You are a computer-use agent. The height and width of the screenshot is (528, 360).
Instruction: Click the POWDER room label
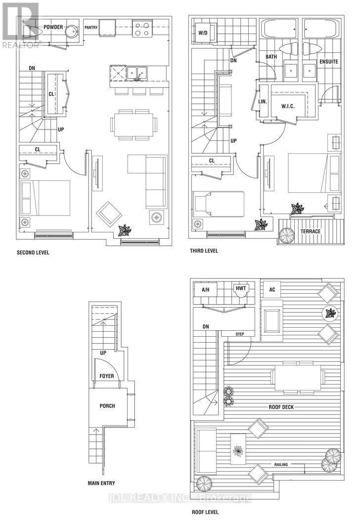53,27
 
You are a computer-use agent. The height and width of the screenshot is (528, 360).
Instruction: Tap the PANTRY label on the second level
90,27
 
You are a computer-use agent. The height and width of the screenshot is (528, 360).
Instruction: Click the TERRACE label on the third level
311,231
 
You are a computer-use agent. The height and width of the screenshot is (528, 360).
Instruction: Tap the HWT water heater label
241,288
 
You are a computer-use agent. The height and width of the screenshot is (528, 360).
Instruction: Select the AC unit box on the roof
272,289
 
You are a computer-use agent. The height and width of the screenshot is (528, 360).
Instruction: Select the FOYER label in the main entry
106,376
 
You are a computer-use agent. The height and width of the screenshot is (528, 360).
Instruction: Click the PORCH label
107,406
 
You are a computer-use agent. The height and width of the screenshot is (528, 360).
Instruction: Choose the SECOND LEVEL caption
33,252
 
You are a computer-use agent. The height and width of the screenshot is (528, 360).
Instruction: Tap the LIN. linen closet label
263,101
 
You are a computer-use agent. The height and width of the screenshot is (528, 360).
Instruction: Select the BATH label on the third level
271,57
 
